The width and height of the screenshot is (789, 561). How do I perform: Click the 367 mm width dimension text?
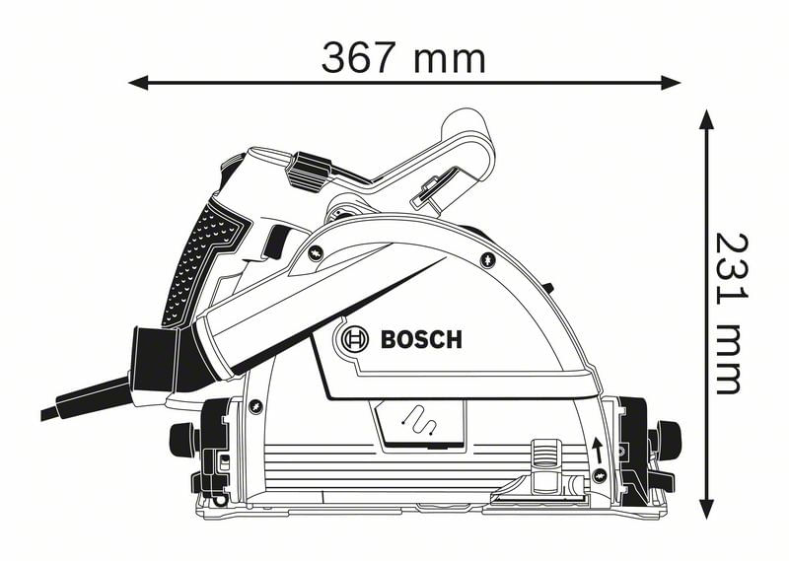point(403,58)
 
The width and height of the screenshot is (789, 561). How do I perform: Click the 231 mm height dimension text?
point(727,314)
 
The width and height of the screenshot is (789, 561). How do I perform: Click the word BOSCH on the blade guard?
point(420,341)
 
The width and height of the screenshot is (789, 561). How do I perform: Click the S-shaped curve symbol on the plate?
point(421,421)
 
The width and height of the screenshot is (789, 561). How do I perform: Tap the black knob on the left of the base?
point(181,437)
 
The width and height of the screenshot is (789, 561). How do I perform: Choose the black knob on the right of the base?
point(670,435)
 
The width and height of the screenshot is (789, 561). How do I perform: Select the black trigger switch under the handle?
point(277,243)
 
